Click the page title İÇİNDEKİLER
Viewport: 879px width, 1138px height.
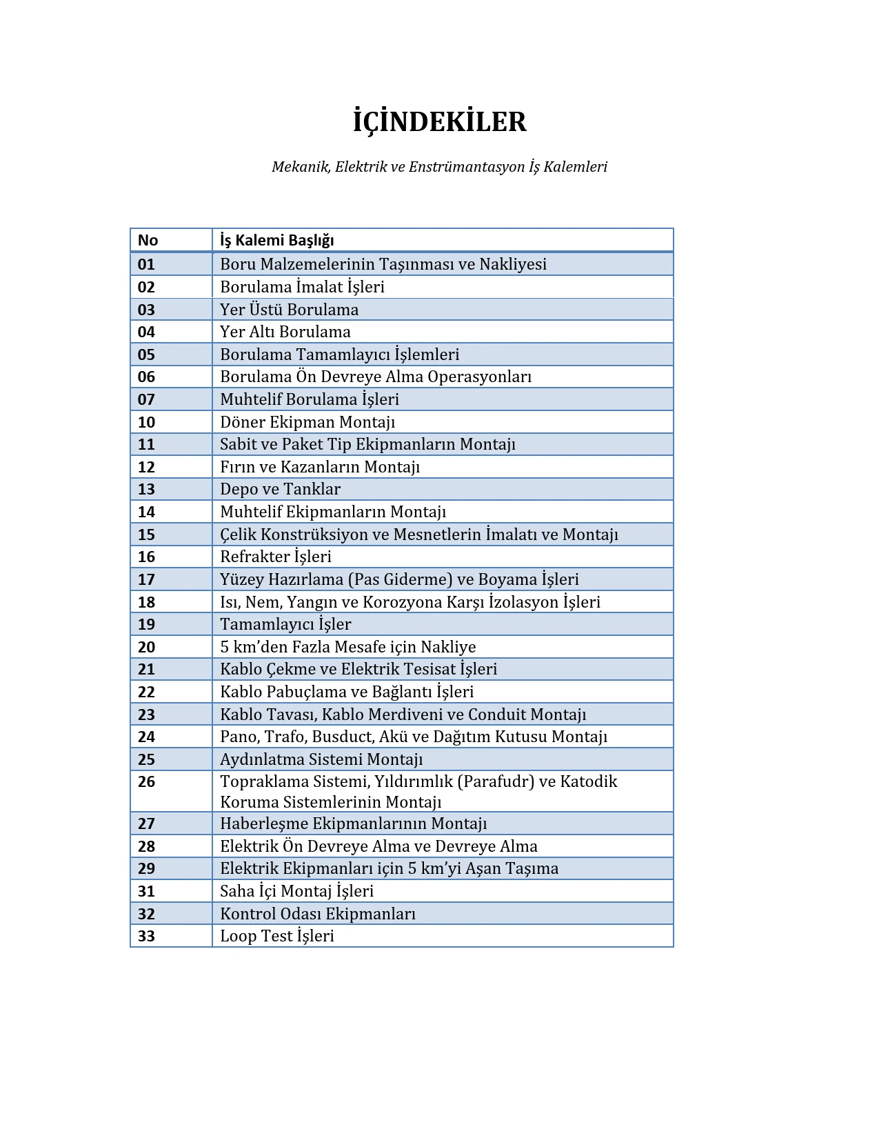coord(439,122)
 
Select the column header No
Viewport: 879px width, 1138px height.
coord(148,240)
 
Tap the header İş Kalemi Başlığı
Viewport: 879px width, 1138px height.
coord(276,240)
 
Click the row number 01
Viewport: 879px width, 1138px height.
coord(146,264)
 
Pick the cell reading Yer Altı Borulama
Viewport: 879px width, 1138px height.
coord(285,332)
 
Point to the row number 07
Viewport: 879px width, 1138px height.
coord(146,399)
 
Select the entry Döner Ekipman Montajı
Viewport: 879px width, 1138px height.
coord(307,422)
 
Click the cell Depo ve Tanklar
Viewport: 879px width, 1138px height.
coord(280,489)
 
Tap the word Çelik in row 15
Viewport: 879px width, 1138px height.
coord(238,535)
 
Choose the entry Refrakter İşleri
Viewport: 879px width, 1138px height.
coord(275,557)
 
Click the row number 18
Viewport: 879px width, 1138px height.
coord(146,602)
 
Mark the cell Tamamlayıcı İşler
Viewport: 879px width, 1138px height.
coord(285,624)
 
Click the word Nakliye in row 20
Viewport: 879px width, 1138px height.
coord(448,647)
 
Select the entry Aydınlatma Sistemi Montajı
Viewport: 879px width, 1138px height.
coord(321,759)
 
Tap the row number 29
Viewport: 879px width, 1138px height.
coord(146,868)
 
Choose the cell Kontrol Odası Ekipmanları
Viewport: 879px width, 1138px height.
coord(317,914)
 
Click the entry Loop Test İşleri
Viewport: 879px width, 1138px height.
coord(276,936)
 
